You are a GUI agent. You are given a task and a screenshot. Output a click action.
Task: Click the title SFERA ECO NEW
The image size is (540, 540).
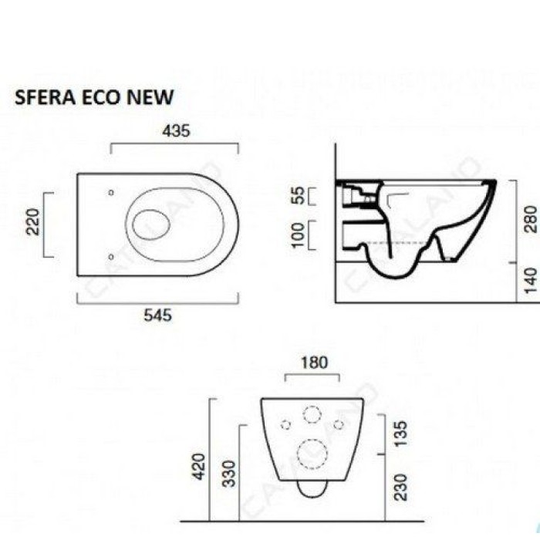[x=94, y=97]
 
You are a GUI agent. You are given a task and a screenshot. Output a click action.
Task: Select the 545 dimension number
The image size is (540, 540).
[x=157, y=315]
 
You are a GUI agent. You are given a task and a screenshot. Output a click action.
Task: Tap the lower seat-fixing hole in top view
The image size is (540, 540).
[x=112, y=256]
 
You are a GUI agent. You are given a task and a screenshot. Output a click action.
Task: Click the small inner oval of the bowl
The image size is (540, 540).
[x=151, y=224]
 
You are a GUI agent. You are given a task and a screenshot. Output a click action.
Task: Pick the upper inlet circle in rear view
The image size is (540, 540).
[x=312, y=415]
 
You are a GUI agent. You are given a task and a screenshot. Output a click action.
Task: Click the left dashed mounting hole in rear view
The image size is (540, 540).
[x=285, y=424]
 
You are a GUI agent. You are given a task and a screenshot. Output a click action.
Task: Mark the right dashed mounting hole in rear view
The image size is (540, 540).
[x=338, y=424]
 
